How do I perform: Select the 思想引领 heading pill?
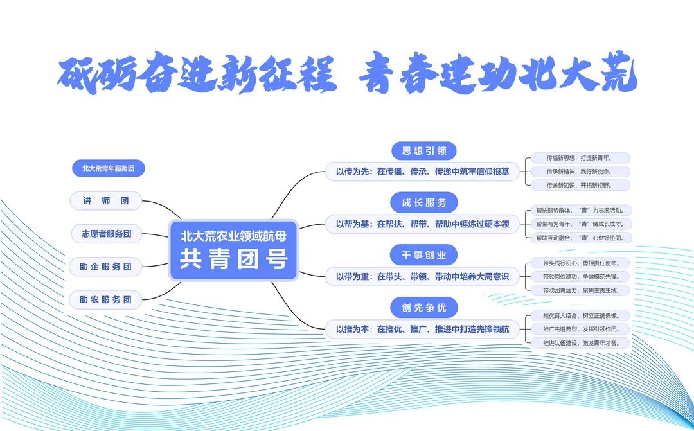[424, 151]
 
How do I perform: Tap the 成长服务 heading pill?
[424, 203]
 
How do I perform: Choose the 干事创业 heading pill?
[424, 255]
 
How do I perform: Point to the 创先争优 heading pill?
[424, 308]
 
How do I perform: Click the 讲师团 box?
[106, 201]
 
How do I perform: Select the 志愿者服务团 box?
[106, 234]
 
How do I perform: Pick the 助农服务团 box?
[106, 299]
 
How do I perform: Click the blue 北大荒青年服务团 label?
[108, 168]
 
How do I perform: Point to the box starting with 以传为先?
[422, 172]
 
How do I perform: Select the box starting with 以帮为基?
[422, 224]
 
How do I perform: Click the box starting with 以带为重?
[422, 277]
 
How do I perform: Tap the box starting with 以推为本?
[422, 330]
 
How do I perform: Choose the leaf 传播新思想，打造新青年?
[578, 158]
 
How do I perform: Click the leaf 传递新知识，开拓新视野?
[578, 185]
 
